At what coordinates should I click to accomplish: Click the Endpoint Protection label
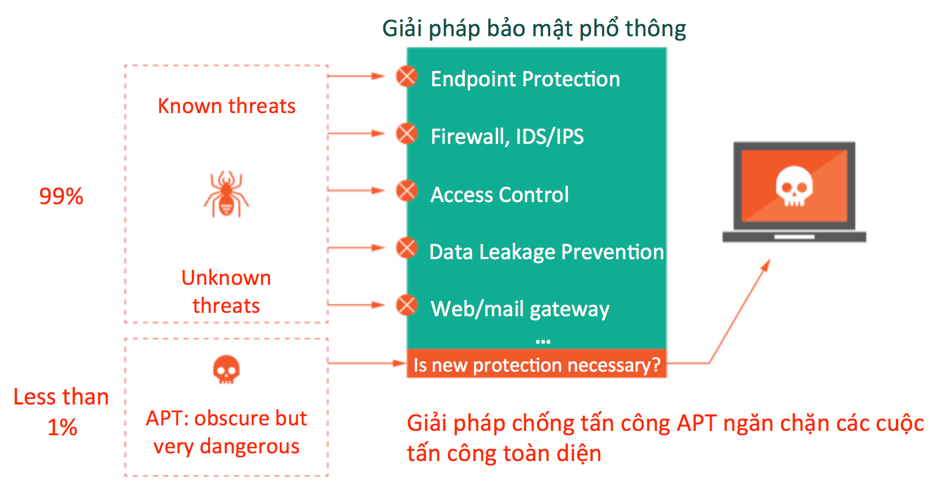[525, 79]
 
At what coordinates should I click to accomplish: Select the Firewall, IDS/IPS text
[507, 137]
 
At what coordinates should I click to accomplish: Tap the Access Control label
[499, 195]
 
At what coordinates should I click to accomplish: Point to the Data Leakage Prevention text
[546, 252]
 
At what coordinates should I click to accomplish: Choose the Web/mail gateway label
[520, 309]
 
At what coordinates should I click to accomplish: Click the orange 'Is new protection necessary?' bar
[536, 365]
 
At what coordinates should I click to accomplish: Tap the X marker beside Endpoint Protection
[407, 76]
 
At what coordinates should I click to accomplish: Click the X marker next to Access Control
[407, 190]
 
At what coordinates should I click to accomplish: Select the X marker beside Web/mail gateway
[407, 305]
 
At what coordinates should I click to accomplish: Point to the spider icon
[226, 194]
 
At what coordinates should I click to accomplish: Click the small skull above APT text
[226, 369]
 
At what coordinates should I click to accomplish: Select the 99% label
[61, 196]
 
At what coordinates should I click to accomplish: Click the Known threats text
[226, 106]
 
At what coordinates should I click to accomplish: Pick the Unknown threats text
[226, 291]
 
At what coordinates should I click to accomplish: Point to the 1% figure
[62, 428]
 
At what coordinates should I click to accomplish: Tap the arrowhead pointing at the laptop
[766, 265]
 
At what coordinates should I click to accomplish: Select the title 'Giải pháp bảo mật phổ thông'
[534, 29]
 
